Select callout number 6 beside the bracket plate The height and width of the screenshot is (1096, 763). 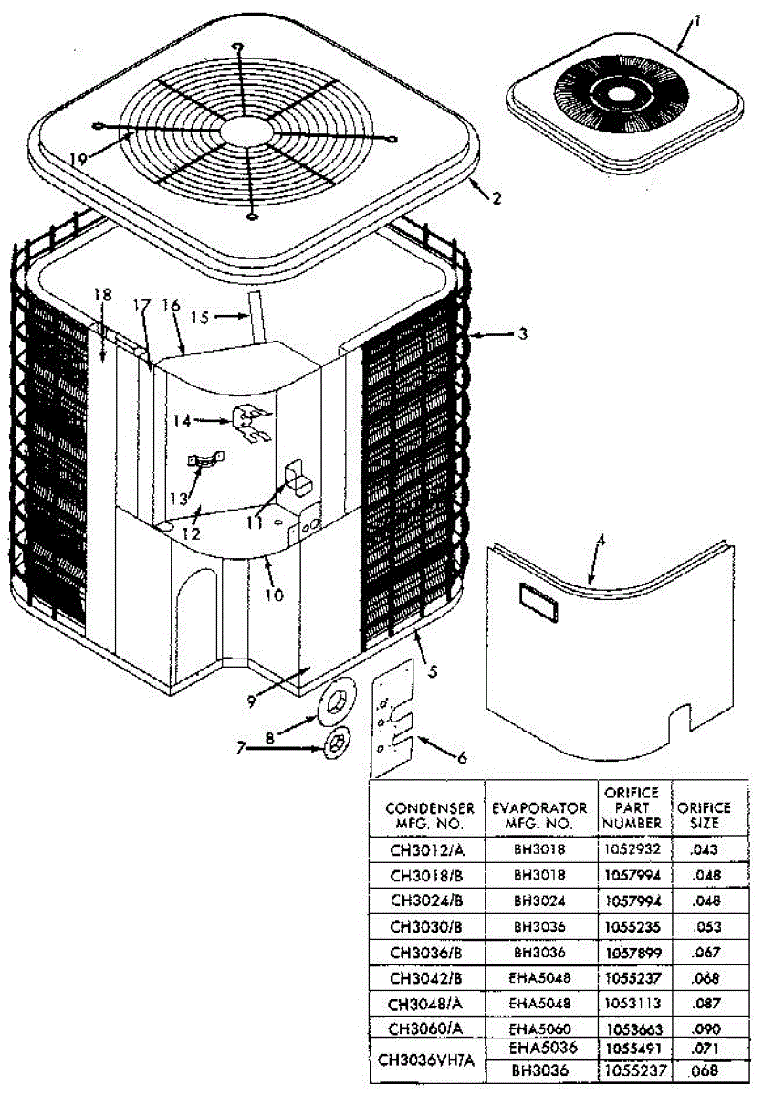pos(462,756)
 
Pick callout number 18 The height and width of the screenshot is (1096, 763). pos(102,294)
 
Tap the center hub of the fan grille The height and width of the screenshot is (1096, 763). pos(243,131)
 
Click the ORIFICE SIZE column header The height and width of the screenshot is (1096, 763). pos(704,814)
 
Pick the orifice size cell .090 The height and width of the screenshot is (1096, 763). pos(704,1028)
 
